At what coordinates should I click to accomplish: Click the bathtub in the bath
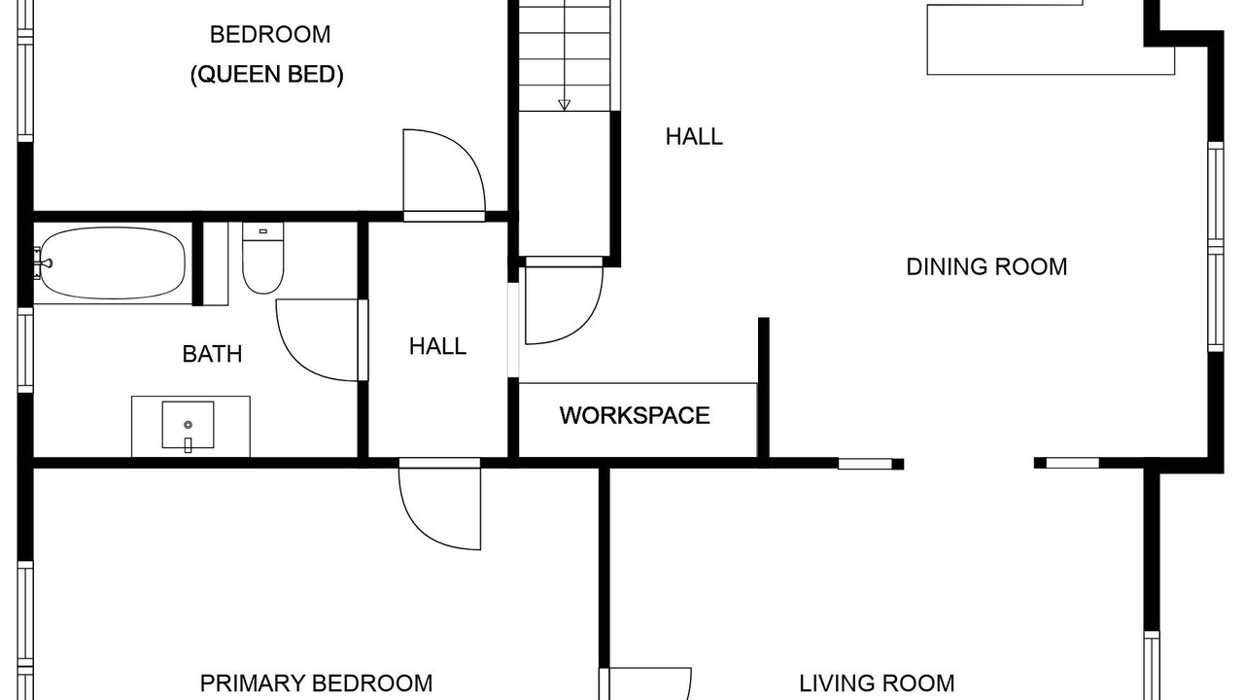[x=113, y=262]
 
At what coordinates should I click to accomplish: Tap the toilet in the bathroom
[x=262, y=258]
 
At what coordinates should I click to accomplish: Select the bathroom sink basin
[x=188, y=425]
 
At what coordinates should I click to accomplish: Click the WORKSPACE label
[x=635, y=415]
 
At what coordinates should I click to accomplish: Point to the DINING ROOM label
[x=986, y=266]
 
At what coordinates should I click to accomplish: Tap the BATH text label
[x=212, y=354]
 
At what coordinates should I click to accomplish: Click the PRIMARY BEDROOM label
[x=316, y=683]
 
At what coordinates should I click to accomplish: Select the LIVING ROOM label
[x=877, y=683]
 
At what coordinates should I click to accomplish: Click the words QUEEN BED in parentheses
[x=267, y=75]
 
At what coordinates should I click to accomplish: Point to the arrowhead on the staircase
[x=565, y=105]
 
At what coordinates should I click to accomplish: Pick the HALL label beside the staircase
[x=694, y=137]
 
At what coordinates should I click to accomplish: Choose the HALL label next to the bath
[x=437, y=347]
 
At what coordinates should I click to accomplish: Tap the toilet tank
[x=262, y=231]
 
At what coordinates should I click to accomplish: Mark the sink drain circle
[x=188, y=425]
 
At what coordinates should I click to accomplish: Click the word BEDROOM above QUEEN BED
[x=270, y=34]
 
